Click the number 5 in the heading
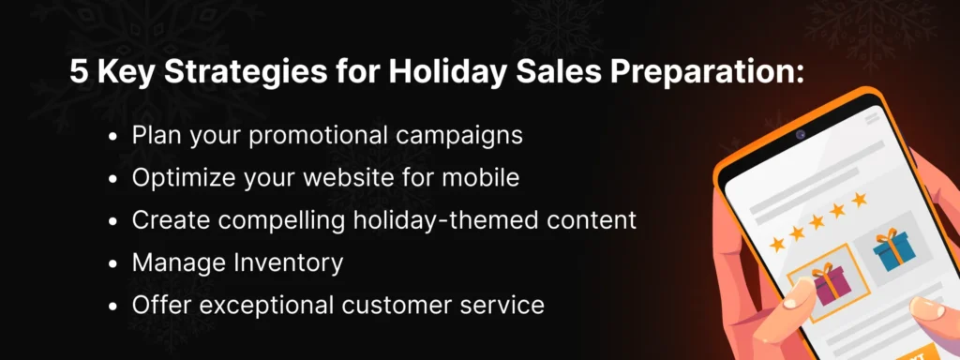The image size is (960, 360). click(78, 75)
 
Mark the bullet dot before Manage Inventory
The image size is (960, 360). click(113, 263)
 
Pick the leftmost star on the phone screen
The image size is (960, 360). click(776, 243)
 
